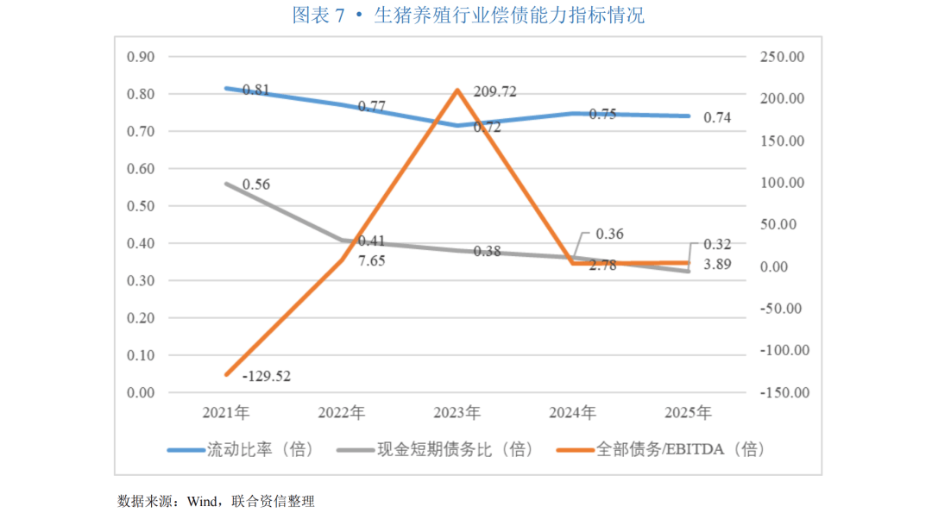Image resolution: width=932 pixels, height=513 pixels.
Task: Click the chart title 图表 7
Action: (318, 16)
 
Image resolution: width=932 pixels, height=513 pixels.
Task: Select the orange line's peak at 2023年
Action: (457, 91)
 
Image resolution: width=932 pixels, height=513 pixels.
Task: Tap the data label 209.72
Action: (494, 91)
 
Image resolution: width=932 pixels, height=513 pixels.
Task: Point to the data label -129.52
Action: (267, 377)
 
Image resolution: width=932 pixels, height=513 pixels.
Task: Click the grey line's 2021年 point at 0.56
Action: (226, 184)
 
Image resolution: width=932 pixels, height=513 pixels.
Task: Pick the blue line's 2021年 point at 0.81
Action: (226, 89)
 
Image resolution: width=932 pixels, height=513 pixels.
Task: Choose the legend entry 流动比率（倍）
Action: (240, 449)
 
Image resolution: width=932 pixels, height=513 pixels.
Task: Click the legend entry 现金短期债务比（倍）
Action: (434, 449)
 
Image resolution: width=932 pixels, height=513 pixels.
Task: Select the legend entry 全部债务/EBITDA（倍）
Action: (660, 449)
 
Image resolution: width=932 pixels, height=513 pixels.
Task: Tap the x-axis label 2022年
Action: (341, 413)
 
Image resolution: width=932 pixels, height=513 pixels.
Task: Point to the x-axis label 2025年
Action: (689, 413)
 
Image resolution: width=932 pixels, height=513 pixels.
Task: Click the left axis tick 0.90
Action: (141, 57)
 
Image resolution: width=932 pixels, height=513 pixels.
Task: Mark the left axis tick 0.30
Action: (141, 281)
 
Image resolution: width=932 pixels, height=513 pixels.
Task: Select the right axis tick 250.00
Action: (782, 57)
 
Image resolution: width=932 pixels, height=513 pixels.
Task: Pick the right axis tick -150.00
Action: (784, 393)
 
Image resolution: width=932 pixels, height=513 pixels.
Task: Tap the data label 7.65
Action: (371, 261)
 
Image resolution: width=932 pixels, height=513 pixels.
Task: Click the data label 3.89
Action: (717, 265)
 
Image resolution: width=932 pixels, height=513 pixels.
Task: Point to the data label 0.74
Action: (717, 118)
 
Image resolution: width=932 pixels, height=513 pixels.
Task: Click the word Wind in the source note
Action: (202, 502)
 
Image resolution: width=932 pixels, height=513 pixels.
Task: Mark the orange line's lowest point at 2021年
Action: (226, 375)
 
